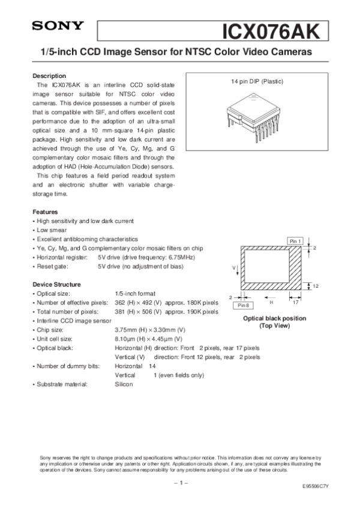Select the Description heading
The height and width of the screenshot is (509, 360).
coord(49,76)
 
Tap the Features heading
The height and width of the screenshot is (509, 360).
coord(45,212)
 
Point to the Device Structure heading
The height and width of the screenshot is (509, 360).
coord(58,284)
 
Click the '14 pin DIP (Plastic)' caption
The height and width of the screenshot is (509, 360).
coord(257,82)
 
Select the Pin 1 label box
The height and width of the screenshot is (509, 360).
coord(296,240)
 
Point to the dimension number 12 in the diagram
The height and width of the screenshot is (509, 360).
coord(315,285)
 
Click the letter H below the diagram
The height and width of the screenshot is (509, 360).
coord(271,303)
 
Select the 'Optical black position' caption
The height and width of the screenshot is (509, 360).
coord(274,318)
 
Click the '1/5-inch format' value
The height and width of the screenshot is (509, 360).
coord(135,293)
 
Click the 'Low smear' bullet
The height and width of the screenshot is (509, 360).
coord(52,230)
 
